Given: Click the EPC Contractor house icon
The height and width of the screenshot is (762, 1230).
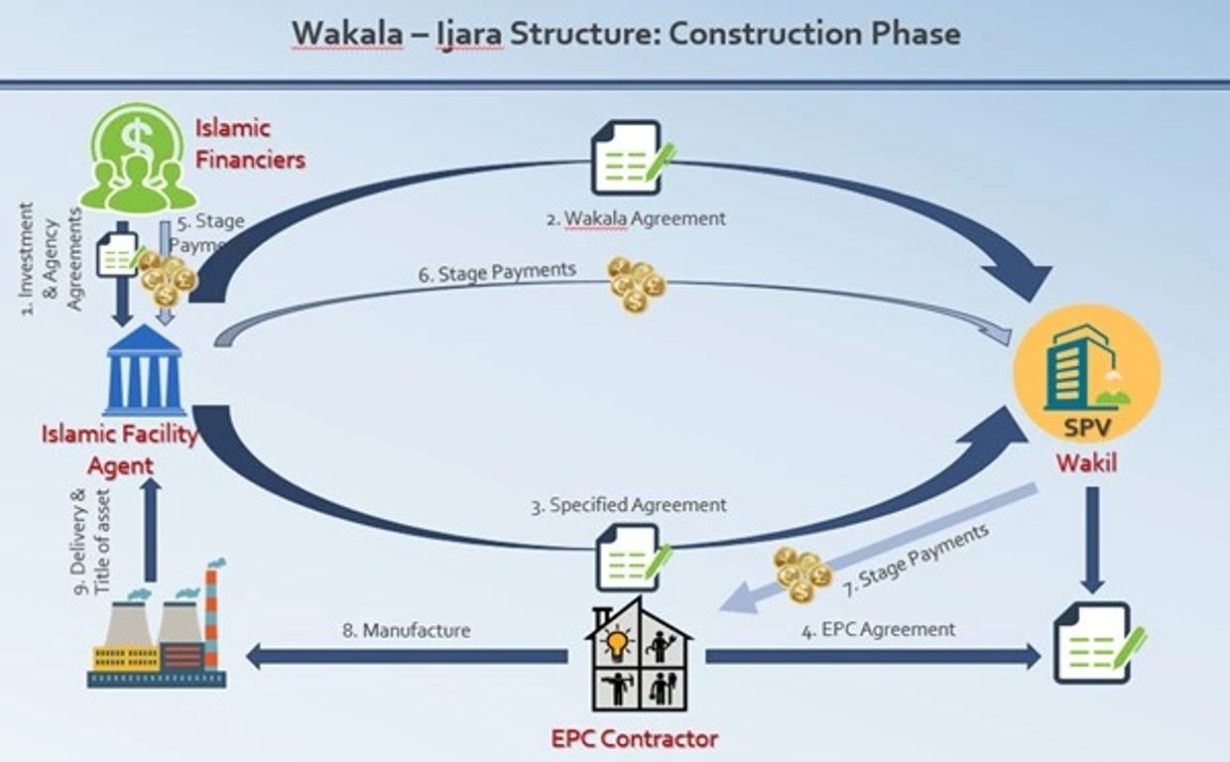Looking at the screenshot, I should (x=639, y=655).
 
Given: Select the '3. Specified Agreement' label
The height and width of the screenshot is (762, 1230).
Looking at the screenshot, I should (x=628, y=505).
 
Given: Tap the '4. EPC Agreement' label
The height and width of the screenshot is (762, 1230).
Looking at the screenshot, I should (x=877, y=629).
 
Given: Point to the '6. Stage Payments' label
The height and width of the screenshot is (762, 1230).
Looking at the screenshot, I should (x=496, y=272).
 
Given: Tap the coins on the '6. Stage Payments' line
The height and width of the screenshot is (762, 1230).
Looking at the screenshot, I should (x=636, y=284).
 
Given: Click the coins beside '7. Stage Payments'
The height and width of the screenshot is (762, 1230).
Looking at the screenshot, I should (x=801, y=573).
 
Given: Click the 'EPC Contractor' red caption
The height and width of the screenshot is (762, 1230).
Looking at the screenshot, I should (x=634, y=738).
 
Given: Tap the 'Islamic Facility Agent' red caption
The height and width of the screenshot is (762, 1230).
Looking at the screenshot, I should (x=120, y=449).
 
